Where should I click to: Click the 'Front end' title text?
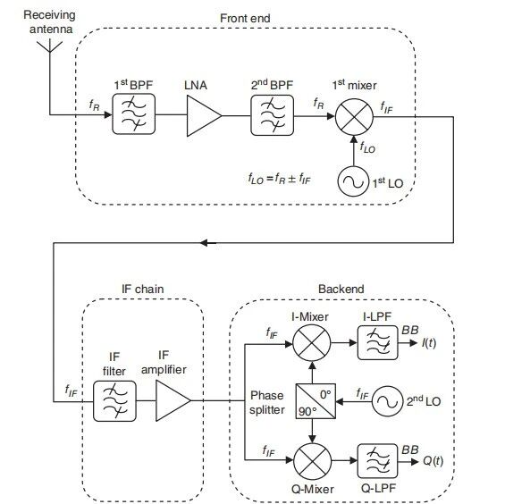click(x=245, y=19)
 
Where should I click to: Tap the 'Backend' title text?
click(x=341, y=289)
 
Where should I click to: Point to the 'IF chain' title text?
click(x=143, y=289)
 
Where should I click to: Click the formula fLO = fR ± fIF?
click(x=279, y=179)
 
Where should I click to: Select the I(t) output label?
click(x=429, y=343)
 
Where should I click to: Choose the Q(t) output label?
click(x=433, y=461)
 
